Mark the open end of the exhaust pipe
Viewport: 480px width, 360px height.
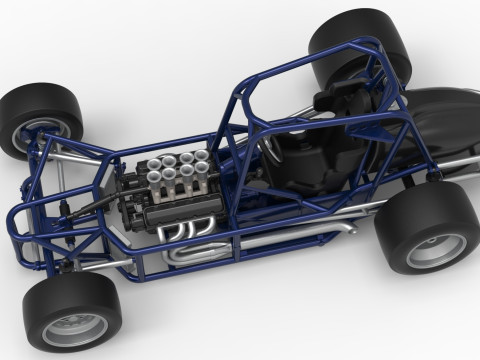click(x=351, y=228)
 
